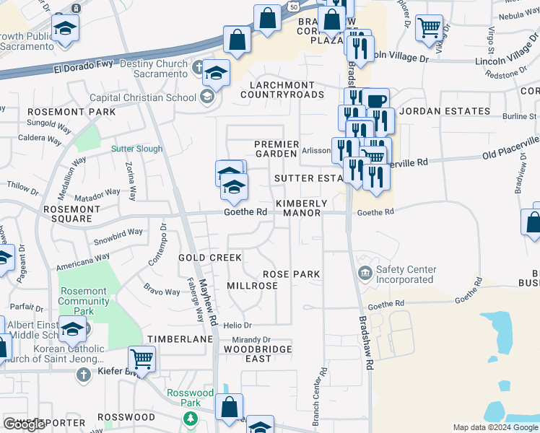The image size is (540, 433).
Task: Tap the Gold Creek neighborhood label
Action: click(x=210, y=258)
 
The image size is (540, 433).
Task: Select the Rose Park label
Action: click(x=291, y=274)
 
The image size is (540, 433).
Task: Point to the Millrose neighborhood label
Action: click(x=252, y=286)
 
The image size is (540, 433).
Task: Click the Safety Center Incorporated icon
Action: click(x=365, y=272)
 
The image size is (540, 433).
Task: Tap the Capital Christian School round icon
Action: click(x=206, y=97)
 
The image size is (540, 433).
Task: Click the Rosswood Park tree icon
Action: click(x=191, y=418)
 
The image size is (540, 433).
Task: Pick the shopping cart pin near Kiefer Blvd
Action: click(x=141, y=357)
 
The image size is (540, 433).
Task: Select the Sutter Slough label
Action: click(x=136, y=149)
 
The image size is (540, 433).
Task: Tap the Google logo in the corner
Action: click(x=24, y=424)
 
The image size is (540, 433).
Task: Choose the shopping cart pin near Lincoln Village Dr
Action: click(x=430, y=28)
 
